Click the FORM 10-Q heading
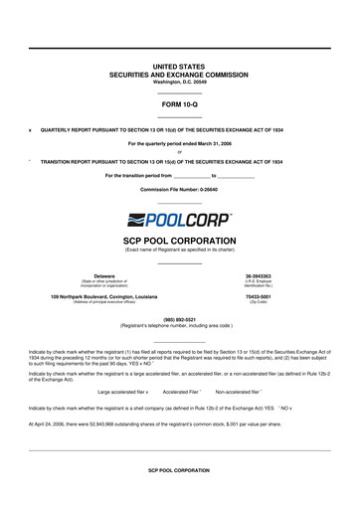[x=179, y=103]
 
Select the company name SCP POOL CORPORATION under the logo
[x=179, y=241]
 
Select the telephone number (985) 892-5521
[x=179, y=320]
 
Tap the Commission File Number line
[x=179, y=188]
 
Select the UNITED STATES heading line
[x=179, y=66]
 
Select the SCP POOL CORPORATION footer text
[x=179, y=497]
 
